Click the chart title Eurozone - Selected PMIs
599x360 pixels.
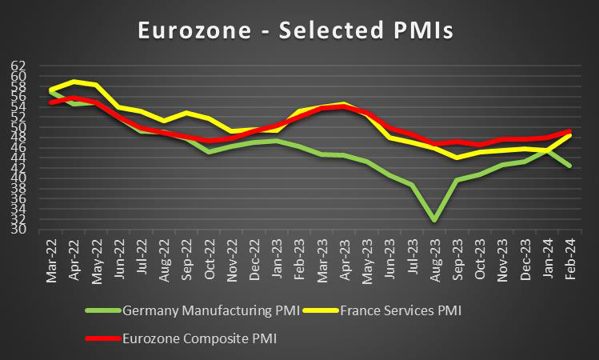296,30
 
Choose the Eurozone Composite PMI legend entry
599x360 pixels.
193,338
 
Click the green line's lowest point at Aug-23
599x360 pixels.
434,220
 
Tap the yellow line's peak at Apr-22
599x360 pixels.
75,81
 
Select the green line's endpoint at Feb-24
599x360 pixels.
569,166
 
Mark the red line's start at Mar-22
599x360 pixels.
53,102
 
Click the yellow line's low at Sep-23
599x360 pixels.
457,158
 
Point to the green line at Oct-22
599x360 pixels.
210,151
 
